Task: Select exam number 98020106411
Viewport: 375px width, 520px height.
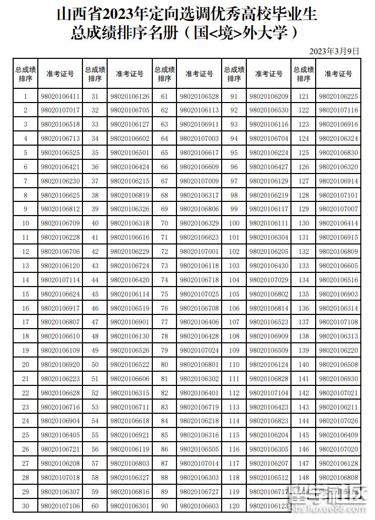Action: [x=60, y=97]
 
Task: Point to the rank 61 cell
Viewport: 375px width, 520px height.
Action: [x=164, y=97]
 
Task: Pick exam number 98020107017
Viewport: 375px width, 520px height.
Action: [x=60, y=110]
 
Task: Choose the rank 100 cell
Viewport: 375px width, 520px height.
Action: [x=234, y=224]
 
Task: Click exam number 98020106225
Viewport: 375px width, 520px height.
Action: [x=338, y=97]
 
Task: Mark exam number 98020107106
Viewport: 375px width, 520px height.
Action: [x=60, y=506]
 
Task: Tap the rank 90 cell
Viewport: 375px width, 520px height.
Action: [x=164, y=506]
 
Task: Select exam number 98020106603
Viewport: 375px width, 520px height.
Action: [x=199, y=506]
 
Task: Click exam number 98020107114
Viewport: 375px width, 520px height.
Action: [x=60, y=280]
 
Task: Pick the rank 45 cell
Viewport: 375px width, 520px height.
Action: [x=95, y=294]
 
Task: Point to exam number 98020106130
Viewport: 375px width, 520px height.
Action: [x=130, y=337]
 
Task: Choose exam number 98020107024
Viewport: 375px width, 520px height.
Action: [x=199, y=351]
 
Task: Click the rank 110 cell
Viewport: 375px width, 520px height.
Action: [x=234, y=365]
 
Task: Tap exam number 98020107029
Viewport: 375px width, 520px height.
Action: [x=269, y=280]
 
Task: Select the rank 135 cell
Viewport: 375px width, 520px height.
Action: [x=304, y=294]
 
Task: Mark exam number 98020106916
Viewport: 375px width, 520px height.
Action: [x=338, y=125]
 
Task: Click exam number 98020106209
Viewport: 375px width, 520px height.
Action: [x=269, y=97]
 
